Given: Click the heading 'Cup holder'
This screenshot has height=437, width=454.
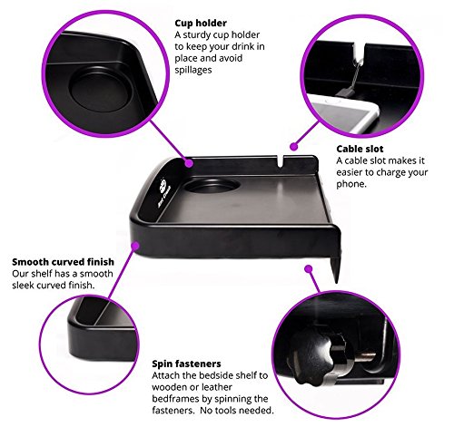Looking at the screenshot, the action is [x=201, y=24].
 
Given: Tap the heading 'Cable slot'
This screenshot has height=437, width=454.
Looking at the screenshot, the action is [x=360, y=149].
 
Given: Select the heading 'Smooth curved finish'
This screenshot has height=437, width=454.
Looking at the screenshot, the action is [x=63, y=262].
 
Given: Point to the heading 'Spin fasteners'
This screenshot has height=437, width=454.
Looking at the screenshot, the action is [x=186, y=364].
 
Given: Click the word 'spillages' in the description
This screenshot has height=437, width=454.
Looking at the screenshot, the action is [x=193, y=70].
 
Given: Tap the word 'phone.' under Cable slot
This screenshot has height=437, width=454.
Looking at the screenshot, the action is [x=351, y=184].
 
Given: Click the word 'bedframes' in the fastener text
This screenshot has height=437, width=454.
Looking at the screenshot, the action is [x=175, y=399].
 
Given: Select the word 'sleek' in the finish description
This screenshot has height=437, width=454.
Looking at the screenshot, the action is [x=23, y=286].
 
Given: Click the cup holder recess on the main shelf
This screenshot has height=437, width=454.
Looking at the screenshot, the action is [x=212, y=185].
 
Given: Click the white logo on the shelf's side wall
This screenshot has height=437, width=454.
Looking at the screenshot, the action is [x=164, y=192].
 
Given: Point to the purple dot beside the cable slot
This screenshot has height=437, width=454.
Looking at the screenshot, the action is [x=293, y=147].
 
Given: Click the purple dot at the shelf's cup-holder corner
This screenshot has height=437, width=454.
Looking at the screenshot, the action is [x=189, y=163].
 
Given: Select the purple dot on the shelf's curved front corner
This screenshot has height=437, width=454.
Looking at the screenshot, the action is [x=135, y=246].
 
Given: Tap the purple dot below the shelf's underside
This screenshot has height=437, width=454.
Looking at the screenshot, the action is [x=309, y=268].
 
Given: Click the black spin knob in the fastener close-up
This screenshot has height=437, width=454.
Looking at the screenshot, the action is [x=316, y=356].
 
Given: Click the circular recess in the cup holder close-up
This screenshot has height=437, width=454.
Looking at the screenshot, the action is [x=100, y=90].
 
